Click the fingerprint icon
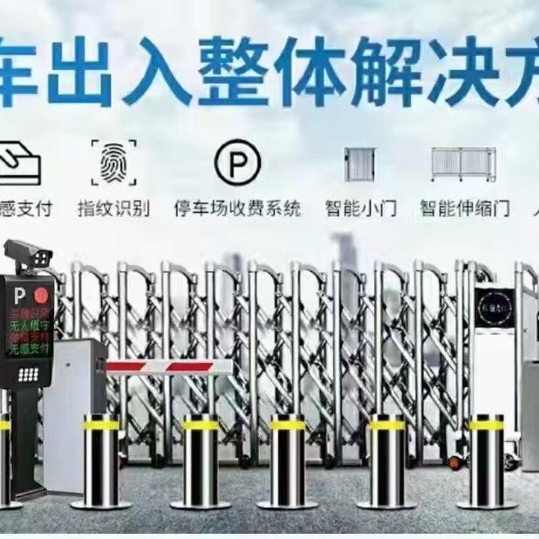(x=113, y=162)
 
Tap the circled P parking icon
(x=237, y=163)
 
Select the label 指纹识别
(x=113, y=208)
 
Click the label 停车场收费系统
(x=237, y=208)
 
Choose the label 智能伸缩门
(x=461, y=208)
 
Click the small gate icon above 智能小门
(x=359, y=164)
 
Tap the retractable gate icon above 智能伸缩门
(x=464, y=164)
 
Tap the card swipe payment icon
(x=19, y=162)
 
